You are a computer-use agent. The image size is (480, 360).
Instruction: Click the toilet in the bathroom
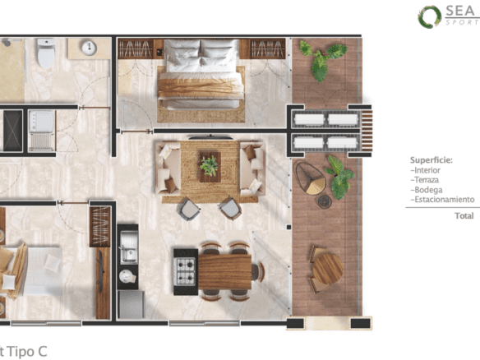46,53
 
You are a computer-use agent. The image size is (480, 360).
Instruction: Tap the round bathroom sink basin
89,48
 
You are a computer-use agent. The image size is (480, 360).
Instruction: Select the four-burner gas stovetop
186,271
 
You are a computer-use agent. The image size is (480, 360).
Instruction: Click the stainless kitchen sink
128,247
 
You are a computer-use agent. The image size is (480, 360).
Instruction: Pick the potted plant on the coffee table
210,166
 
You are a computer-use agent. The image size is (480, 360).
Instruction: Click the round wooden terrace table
328,269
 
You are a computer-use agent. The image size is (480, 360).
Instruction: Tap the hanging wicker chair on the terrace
310,178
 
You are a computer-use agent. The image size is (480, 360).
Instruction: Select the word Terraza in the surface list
425,180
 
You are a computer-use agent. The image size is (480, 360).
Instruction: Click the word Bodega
427,190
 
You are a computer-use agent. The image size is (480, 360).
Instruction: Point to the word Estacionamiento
442,200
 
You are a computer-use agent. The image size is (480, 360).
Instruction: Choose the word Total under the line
464,216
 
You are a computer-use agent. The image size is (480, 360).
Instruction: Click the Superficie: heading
431,160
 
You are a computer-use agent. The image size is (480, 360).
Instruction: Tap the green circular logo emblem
430,16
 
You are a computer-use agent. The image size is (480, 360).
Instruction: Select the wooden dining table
224,272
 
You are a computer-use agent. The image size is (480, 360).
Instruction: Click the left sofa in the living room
168,168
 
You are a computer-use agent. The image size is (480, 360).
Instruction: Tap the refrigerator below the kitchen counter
132,304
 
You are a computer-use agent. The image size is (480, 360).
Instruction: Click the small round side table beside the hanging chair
324,201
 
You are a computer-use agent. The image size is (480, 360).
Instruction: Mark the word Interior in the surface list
426,170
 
